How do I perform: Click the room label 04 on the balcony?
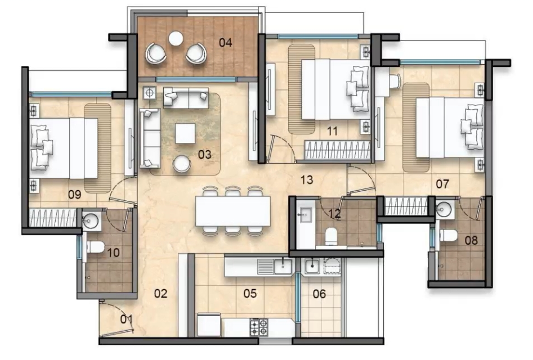point(226,42)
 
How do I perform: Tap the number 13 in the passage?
point(306,180)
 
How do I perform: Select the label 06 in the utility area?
point(319,294)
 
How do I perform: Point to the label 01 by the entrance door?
point(127,319)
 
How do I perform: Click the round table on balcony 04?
point(176,38)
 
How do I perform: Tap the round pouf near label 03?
point(182,164)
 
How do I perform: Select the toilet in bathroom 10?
point(96,246)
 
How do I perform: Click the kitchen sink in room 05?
point(281,265)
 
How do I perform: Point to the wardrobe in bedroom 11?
point(336,150)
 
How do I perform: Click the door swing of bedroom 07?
point(360,179)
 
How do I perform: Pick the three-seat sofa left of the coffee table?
point(149,138)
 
